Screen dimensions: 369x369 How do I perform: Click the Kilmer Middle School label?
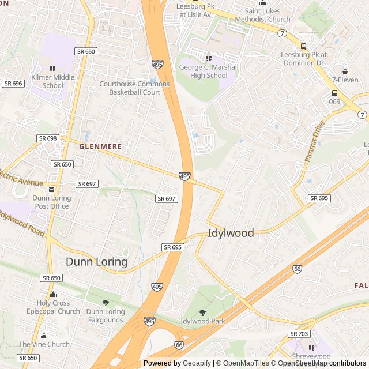[52, 81]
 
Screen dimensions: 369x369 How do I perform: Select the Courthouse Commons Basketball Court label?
[134, 88]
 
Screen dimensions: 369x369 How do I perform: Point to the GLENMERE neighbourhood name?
[100, 146]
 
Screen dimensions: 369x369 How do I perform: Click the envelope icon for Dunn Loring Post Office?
[52, 189]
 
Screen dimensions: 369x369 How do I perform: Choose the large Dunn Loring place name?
[96, 262]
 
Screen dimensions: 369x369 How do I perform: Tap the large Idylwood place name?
[231, 233]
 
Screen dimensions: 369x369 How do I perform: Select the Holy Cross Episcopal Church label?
[53, 307]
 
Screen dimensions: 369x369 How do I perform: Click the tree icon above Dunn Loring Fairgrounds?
[106, 303]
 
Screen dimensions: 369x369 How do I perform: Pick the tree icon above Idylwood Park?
[202, 312]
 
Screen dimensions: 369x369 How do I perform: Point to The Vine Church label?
[44, 344]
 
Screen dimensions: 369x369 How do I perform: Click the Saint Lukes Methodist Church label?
[262, 15]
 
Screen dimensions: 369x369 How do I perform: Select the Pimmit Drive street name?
[315, 141]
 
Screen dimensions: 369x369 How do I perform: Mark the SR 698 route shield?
[47, 138]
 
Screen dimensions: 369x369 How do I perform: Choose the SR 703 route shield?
[299, 334]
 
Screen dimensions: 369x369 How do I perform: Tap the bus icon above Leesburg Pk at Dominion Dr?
[303, 47]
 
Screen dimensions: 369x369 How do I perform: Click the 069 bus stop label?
[334, 101]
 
